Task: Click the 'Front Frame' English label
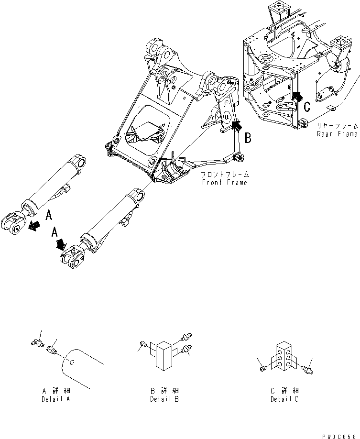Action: [225, 183]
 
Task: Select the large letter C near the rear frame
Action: [306, 106]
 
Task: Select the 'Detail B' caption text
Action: [164, 399]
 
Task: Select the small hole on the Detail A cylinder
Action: [71, 362]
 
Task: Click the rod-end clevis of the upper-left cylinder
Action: [13, 225]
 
